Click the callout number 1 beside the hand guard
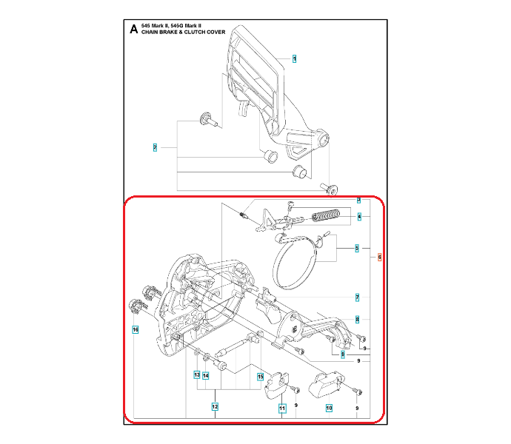coord(294,58)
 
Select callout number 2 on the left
coord(155,147)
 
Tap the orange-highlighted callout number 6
coord(379,257)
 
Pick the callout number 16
coord(135,329)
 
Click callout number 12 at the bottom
coord(215,406)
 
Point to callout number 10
coord(329,406)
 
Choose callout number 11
coord(282,407)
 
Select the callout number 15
coord(260,376)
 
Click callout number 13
coord(197,375)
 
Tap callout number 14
coord(207,375)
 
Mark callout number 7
coord(357,297)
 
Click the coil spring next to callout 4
coord(326,217)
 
